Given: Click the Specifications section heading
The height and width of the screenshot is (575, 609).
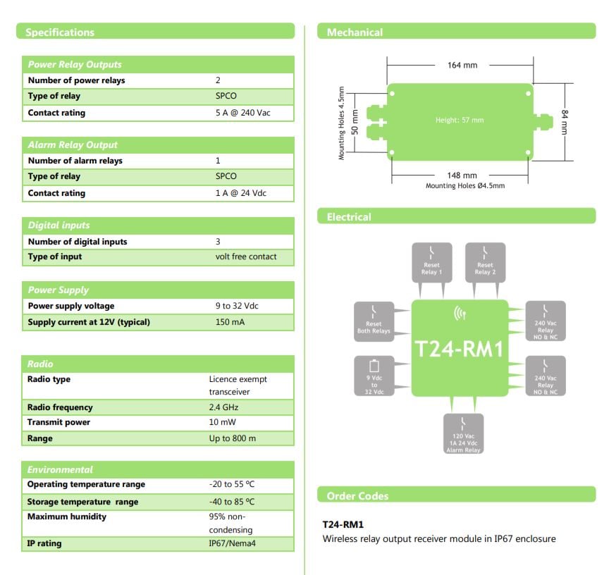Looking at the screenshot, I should [60, 32].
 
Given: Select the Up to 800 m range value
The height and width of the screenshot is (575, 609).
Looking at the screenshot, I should [233, 438].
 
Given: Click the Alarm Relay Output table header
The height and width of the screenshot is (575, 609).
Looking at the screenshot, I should [73, 145].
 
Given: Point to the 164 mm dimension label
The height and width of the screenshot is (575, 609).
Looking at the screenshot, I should [462, 65].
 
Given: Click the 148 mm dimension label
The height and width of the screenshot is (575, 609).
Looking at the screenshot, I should [462, 175].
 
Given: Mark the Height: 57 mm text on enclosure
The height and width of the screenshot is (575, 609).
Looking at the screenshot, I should [460, 120].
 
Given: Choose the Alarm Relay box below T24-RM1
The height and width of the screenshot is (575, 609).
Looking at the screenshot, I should [462, 433].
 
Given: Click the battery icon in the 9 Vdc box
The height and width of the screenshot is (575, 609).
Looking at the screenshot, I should [374, 366].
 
